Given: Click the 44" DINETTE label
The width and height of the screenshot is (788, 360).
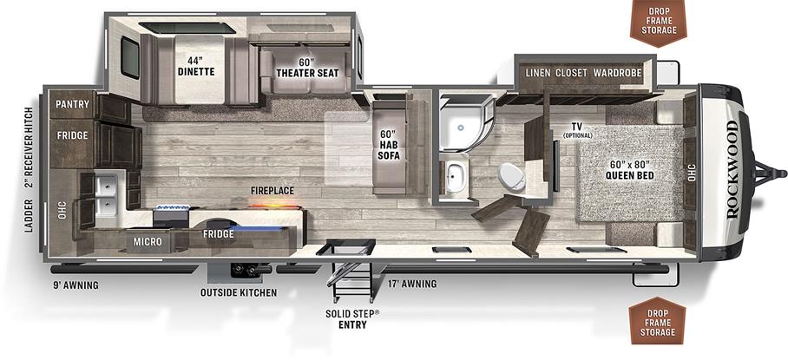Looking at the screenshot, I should click(x=197, y=66).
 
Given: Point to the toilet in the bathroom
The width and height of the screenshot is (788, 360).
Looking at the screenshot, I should click(x=513, y=177).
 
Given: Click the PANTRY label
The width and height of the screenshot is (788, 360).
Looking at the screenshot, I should click(x=72, y=104).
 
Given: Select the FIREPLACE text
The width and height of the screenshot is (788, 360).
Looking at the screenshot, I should click(x=273, y=190).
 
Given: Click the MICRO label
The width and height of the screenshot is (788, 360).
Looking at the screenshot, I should click(x=147, y=241).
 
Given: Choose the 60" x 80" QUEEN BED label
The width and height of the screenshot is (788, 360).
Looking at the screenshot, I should click(x=629, y=169).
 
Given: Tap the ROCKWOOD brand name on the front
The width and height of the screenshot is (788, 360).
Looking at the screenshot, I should click(x=731, y=158).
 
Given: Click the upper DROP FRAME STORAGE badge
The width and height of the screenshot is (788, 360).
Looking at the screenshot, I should click(x=657, y=19).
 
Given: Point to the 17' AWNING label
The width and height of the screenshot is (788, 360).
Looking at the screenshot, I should click(x=412, y=284).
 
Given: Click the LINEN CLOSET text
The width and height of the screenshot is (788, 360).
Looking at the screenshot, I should click(x=557, y=73).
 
